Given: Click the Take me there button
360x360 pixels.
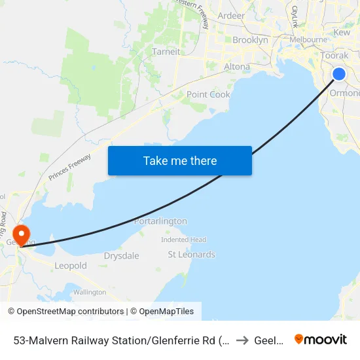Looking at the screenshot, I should click(x=180, y=160).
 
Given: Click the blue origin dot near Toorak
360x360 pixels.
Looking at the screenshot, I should click(x=339, y=74).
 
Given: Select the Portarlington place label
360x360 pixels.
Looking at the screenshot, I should click(x=160, y=221).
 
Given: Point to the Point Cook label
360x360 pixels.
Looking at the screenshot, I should click(x=208, y=94).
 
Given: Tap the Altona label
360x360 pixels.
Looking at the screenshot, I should click(x=237, y=67).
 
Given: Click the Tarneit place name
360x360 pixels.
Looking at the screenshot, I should click(x=166, y=52).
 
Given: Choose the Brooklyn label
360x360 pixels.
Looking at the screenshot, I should click(x=250, y=40).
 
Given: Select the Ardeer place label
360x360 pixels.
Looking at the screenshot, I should click(x=231, y=16).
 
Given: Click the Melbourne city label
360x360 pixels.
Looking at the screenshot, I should click(x=308, y=39).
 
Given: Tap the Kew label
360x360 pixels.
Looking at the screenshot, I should click(x=342, y=32).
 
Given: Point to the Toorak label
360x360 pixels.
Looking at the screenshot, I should click(x=334, y=56).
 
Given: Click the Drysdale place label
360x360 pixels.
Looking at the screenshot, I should click(x=122, y=256).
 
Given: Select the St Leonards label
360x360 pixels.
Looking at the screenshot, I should click(x=192, y=255).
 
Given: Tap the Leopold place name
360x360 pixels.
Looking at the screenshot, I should click(x=70, y=266).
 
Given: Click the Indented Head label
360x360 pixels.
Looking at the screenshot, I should click(x=183, y=240).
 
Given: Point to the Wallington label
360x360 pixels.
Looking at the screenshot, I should click(x=90, y=292).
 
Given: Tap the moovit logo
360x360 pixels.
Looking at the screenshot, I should click(x=321, y=339).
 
